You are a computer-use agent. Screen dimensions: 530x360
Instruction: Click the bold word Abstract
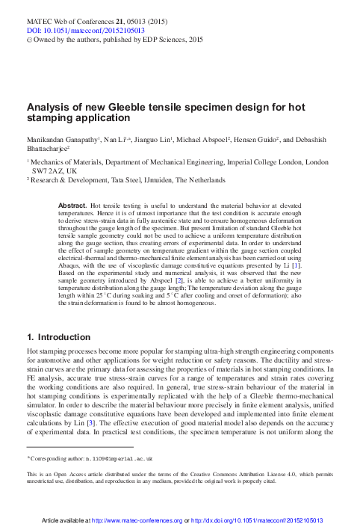click(73, 204)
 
